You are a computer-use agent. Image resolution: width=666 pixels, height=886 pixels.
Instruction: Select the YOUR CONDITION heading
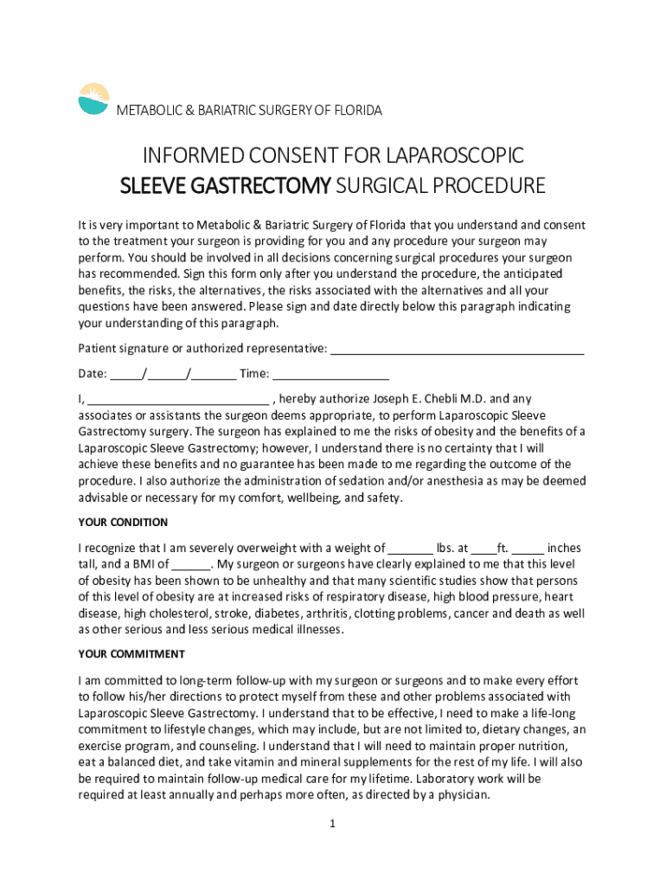(123, 523)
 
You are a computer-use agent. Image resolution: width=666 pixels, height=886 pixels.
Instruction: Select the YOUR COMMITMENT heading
(131, 654)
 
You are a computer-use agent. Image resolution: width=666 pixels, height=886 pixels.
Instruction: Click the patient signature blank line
(458, 350)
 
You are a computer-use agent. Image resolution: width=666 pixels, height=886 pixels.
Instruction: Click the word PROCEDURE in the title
(490, 186)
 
